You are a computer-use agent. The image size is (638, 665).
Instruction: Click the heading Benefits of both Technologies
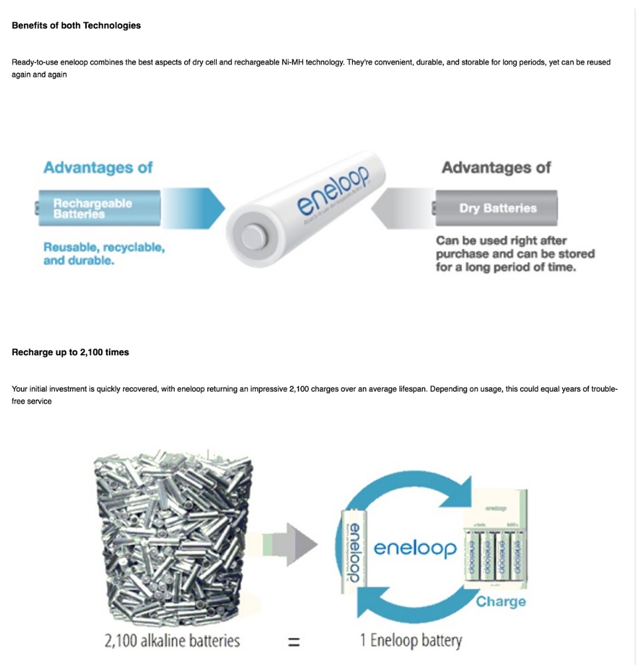[x=76, y=26]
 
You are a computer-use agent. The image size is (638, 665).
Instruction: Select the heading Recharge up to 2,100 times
[x=70, y=352]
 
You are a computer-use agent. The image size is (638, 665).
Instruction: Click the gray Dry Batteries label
[x=497, y=208]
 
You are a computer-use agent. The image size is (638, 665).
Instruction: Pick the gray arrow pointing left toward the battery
[x=399, y=208]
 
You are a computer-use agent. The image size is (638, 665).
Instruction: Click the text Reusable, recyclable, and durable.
[x=104, y=253]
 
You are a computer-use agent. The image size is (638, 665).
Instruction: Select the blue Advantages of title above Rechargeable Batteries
[x=98, y=168]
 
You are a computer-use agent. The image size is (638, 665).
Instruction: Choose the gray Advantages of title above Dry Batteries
[x=496, y=168]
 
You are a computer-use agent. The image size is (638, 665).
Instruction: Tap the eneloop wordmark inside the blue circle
[x=415, y=548]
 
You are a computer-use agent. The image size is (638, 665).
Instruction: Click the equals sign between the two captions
[x=294, y=642]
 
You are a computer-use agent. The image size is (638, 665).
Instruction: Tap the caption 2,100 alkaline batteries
[x=172, y=642]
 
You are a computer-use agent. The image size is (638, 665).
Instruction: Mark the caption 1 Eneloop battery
[x=411, y=641]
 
